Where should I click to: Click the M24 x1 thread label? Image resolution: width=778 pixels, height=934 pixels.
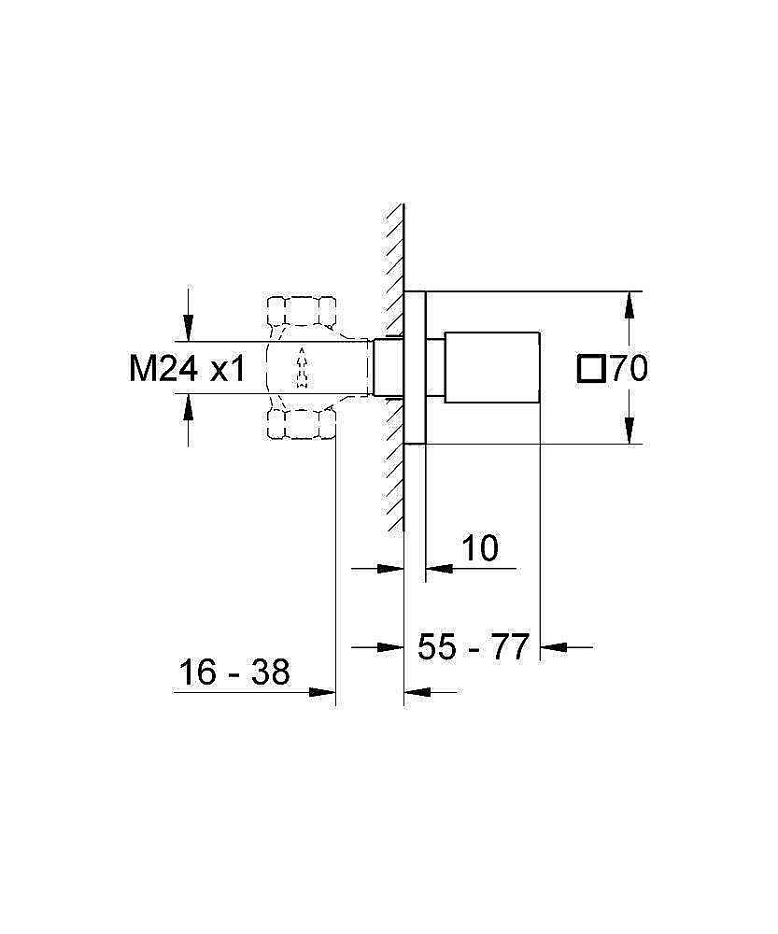tap(186, 370)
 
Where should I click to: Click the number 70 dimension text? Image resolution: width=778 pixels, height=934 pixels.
tap(629, 370)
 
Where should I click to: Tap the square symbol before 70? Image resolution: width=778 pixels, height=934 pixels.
tap(592, 370)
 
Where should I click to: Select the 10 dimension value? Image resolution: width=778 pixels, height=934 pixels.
tap(480, 548)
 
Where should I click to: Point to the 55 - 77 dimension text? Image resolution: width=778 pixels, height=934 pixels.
tap(474, 646)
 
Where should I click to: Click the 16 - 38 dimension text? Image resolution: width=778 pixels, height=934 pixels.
tap(234, 672)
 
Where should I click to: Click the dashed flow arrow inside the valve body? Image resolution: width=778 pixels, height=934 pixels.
tap(301, 368)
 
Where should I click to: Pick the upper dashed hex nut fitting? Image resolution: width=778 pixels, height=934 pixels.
tap(301, 310)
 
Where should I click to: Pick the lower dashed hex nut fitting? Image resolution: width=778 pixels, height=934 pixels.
tap(301, 426)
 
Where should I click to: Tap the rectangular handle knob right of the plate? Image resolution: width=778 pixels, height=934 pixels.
tap(493, 367)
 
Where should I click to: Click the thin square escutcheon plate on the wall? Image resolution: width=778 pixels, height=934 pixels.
tap(416, 367)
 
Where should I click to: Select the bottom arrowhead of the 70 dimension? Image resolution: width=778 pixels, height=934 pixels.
tap(631, 431)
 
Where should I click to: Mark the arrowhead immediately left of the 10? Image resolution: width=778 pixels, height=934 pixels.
tap(437, 567)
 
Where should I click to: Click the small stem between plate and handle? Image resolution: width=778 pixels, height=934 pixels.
tap(435, 367)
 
